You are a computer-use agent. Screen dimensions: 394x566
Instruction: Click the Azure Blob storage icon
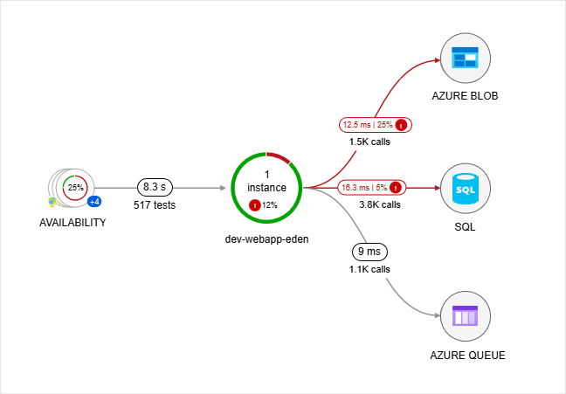pyautogui.click(x=465, y=59)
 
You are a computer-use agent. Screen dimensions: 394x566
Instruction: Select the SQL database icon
pyautogui.click(x=465, y=187)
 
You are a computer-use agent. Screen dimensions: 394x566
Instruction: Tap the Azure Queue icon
pyautogui.click(x=465, y=316)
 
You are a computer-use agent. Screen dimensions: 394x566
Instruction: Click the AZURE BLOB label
pyautogui.click(x=465, y=96)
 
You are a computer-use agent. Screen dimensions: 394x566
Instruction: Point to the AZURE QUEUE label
pyautogui.click(x=467, y=356)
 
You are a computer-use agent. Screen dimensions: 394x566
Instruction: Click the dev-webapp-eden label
pyautogui.click(x=266, y=238)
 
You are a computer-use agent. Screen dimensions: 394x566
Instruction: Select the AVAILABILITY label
pyautogui.click(x=72, y=223)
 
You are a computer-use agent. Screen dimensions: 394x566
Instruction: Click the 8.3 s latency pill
pyautogui.click(x=155, y=187)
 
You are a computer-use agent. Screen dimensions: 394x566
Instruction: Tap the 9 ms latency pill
pyautogui.click(x=368, y=252)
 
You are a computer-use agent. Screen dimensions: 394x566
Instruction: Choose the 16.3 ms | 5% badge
pyautogui.click(x=371, y=187)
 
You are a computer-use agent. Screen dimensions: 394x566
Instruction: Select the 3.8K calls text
pyautogui.click(x=379, y=204)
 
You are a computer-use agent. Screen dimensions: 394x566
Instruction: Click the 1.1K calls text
pyautogui.click(x=368, y=269)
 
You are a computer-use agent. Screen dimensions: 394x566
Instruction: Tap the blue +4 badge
pyautogui.click(x=93, y=202)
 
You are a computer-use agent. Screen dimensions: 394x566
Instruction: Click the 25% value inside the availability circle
pyautogui.click(x=76, y=187)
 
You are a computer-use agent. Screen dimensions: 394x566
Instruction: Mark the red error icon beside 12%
pyautogui.click(x=254, y=205)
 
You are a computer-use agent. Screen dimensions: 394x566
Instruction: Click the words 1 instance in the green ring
pyautogui.click(x=266, y=181)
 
